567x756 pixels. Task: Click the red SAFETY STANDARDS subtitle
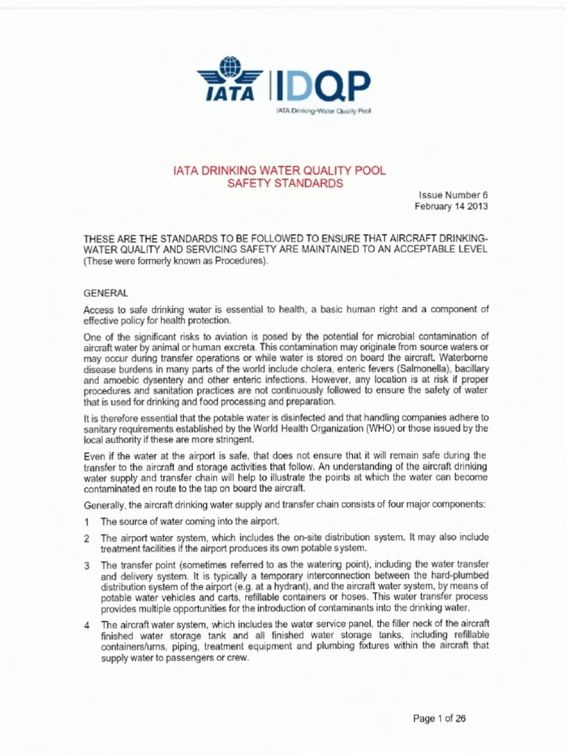point(284,183)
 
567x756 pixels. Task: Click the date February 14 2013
point(451,207)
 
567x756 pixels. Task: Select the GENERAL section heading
point(107,293)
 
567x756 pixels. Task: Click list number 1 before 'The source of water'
point(87,522)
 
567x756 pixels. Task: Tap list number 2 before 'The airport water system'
point(87,538)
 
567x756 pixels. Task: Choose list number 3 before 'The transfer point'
point(87,566)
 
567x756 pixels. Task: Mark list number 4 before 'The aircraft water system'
point(87,625)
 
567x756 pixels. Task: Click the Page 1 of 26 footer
point(439,718)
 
